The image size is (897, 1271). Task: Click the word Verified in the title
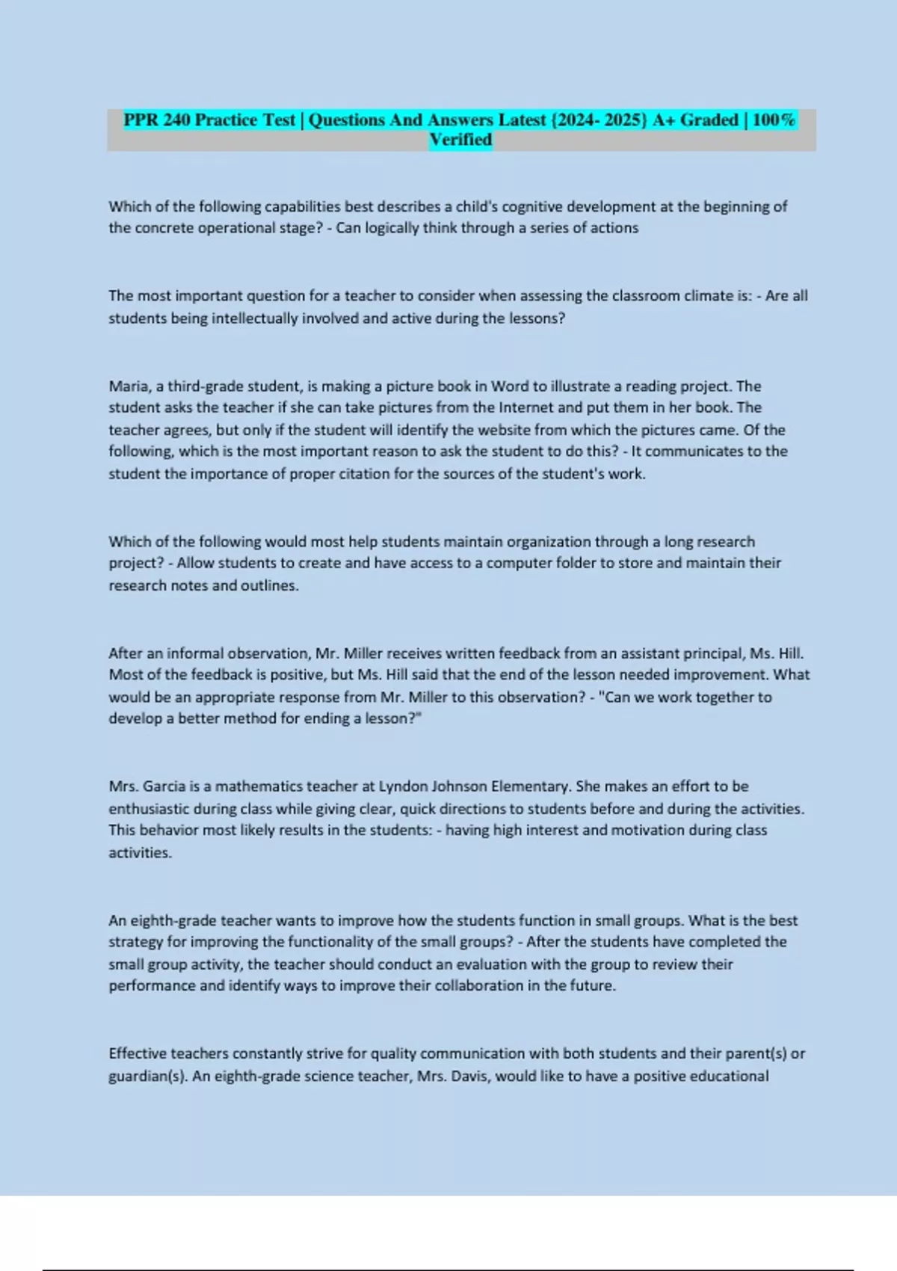click(x=460, y=140)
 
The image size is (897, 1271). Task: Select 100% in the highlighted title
click(x=774, y=120)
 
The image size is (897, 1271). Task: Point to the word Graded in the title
click(x=709, y=120)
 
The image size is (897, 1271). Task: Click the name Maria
click(x=129, y=387)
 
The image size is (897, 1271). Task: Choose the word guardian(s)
click(x=148, y=1077)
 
